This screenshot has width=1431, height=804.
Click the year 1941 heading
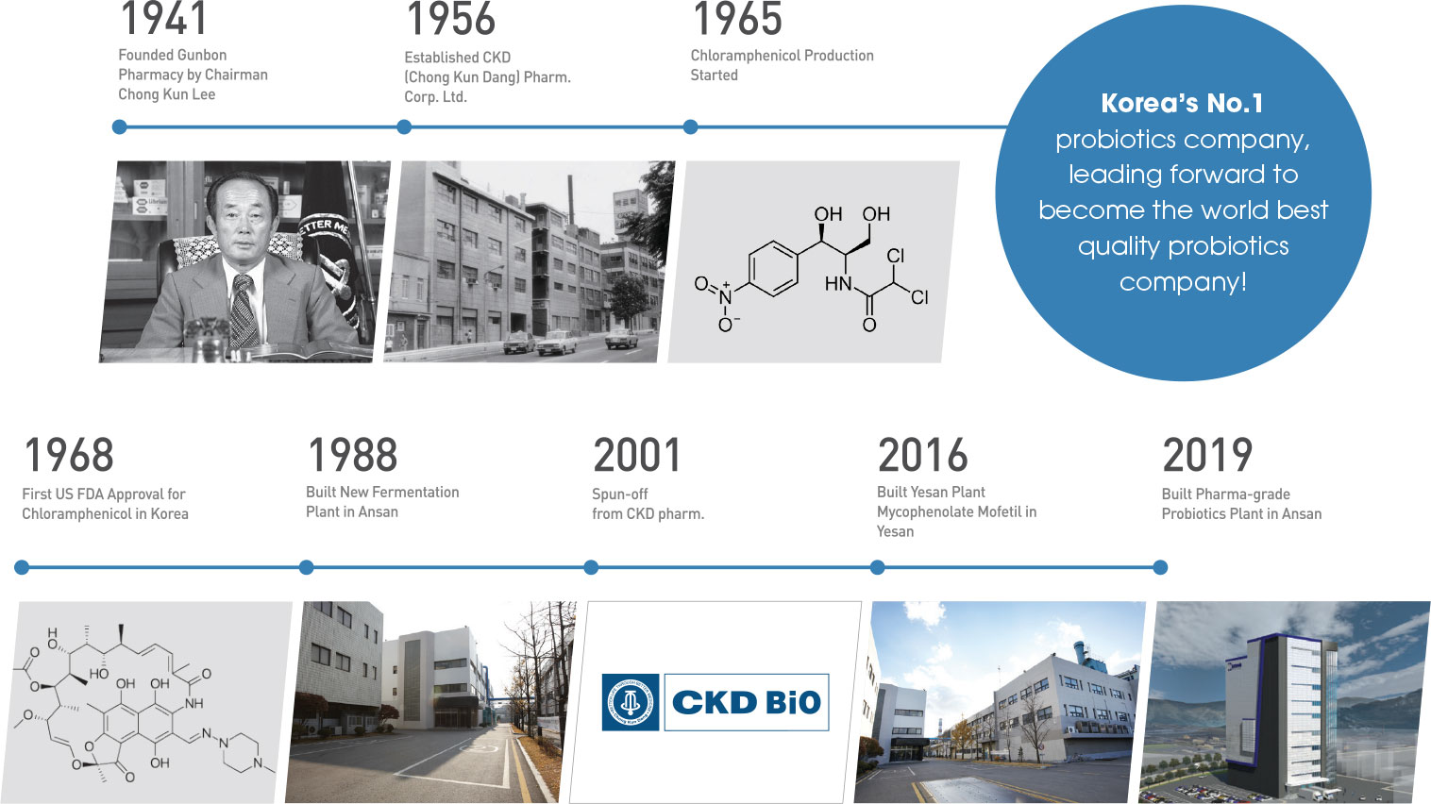(163, 18)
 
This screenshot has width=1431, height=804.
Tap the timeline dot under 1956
(404, 126)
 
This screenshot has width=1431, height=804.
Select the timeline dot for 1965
(690, 126)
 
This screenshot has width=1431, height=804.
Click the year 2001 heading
(637, 456)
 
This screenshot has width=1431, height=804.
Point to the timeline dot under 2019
(1160, 567)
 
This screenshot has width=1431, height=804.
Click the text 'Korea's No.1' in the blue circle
(1182, 104)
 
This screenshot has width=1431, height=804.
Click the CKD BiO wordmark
(746, 702)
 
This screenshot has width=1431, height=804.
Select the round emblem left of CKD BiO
(630, 702)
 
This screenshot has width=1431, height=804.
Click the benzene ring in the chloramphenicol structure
(773, 269)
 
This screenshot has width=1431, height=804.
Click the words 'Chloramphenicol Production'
(782, 56)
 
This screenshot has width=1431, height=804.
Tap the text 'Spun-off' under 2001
(619, 494)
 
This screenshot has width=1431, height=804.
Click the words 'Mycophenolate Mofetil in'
(956, 512)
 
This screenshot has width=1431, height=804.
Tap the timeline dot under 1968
(22, 567)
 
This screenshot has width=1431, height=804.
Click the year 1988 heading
(353, 456)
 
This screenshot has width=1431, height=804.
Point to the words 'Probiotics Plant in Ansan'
(1241, 514)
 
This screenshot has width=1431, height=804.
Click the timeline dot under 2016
(877, 567)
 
